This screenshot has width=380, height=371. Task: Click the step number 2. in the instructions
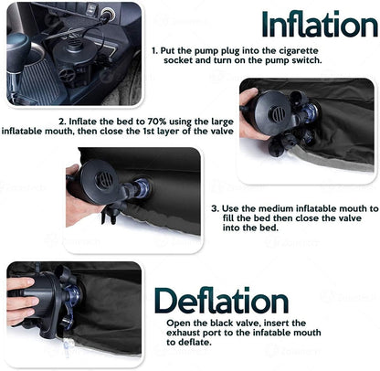click(61, 120)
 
